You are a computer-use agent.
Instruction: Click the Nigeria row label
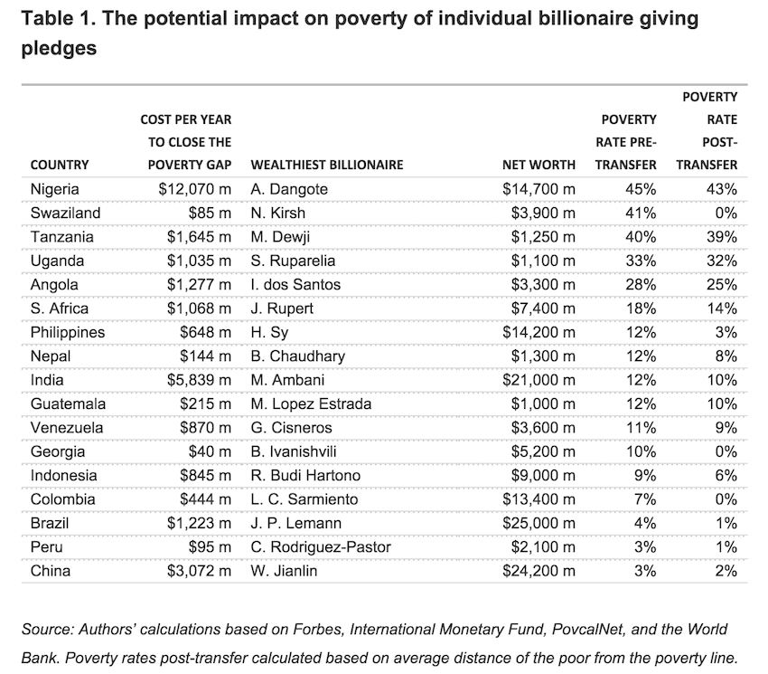point(54,189)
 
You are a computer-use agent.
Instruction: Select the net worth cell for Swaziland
point(539,213)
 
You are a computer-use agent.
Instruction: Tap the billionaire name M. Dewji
point(280,237)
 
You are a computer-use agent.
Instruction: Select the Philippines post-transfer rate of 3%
point(726,332)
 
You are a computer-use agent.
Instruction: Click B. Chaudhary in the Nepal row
point(297,356)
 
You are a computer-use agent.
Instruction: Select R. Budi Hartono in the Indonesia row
point(304,475)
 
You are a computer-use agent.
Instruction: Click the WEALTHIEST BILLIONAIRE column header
point(326,165)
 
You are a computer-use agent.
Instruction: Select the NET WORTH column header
point(539,165)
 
